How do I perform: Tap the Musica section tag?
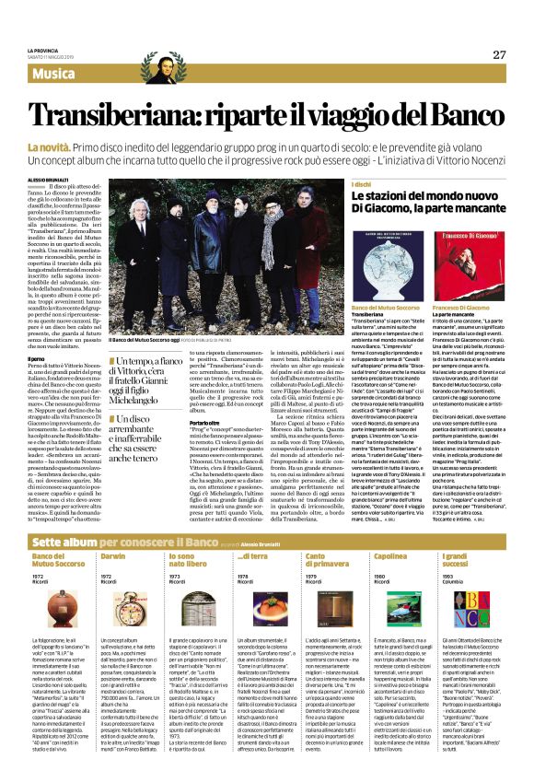coord(57,72)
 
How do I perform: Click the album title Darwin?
coord(112,557)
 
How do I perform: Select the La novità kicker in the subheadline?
coord(48,147)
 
